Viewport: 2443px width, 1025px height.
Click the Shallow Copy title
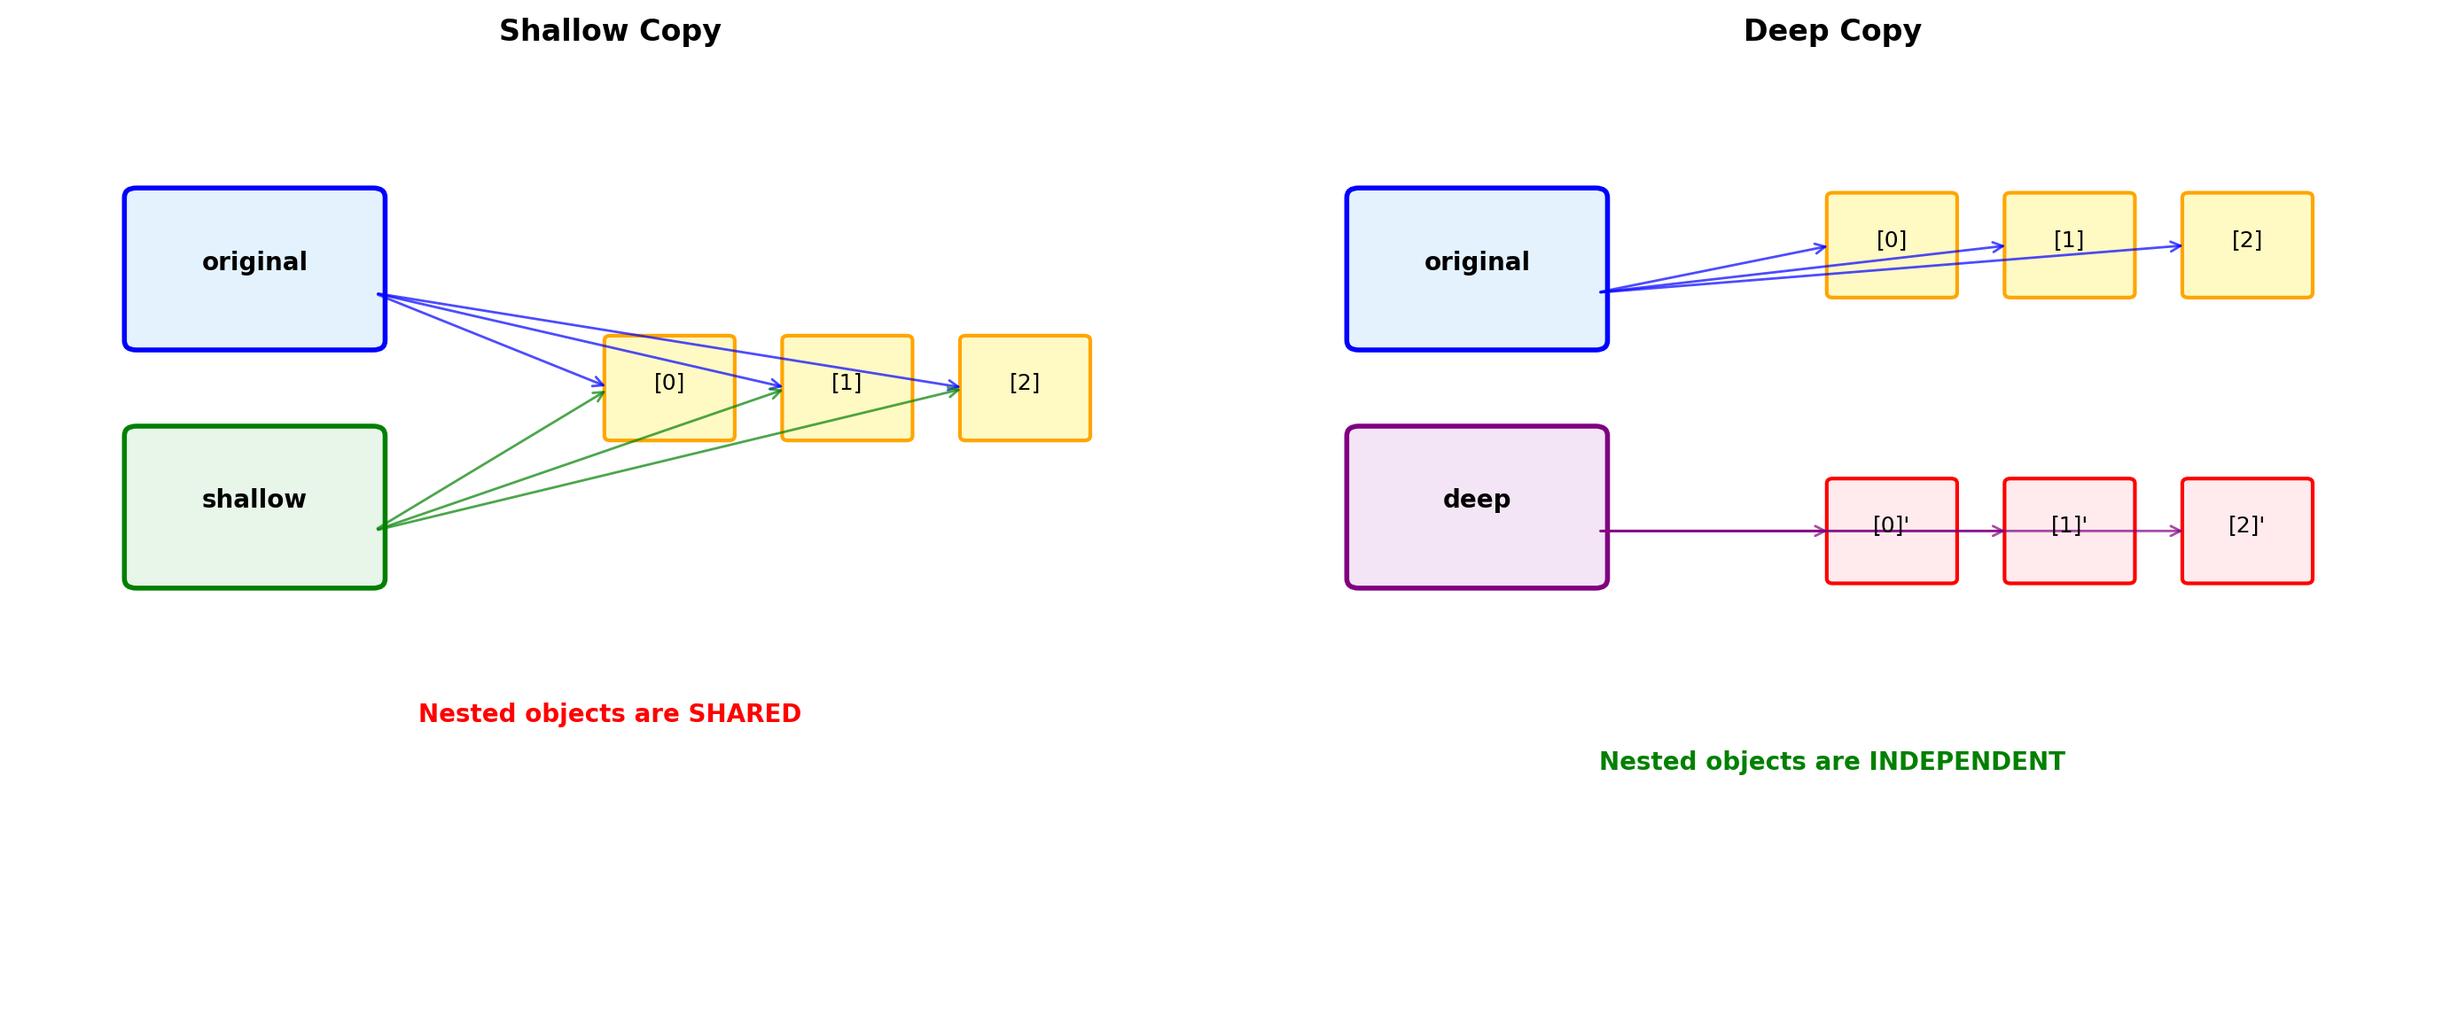pos(610,31)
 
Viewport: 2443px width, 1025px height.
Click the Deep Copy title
pos(1831,31)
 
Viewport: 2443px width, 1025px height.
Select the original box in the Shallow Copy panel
pos(254,268)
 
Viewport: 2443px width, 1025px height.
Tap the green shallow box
pos(254,507)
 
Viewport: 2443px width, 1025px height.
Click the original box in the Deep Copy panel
pos(1477,268)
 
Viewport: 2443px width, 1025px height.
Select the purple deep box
pos(1477,507)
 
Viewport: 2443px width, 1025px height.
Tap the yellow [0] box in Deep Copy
pos(1891,245)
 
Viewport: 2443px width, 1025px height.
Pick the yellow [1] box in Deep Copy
pos(2069,245)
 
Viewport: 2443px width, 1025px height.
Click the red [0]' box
pos(1891,530)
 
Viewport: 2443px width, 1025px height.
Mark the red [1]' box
pos(2069,530)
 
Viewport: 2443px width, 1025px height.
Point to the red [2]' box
pos(2247,530)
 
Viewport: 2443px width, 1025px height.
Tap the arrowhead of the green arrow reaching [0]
pos(600,393)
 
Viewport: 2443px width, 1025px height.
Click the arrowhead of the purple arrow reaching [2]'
pos(2176,531)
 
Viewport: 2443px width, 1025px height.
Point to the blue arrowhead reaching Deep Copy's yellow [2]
pos(2176,246)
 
